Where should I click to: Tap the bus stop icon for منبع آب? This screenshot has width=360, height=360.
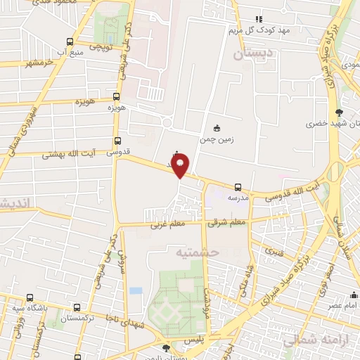tap(69, 41)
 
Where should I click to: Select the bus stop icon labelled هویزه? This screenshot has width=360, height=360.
tap(116, 96)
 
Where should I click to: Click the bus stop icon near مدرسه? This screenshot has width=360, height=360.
tap(238, 187)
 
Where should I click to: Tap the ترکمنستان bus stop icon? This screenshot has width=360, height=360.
tap(77, 307)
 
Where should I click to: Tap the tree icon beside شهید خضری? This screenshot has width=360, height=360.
tap(340, 112)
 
